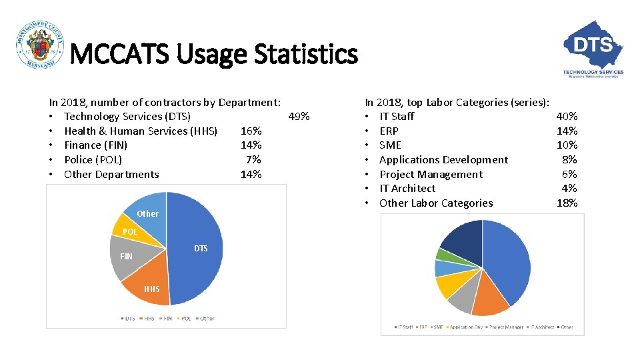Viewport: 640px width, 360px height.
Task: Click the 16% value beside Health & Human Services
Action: pos(251,131)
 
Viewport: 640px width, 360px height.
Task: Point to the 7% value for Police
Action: pos(253,160)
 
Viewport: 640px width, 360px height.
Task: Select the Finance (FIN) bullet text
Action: pos(95,145)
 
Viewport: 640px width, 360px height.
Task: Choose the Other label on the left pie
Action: pos(147,213)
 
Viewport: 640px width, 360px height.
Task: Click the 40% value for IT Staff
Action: pos(567,117)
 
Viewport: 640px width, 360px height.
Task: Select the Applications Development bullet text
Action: pos(443,160)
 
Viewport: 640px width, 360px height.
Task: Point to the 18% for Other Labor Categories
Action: pos(567,203)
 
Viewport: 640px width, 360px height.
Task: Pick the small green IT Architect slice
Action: pos(443,254)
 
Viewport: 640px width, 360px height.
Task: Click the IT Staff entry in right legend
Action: pos(405,327)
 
